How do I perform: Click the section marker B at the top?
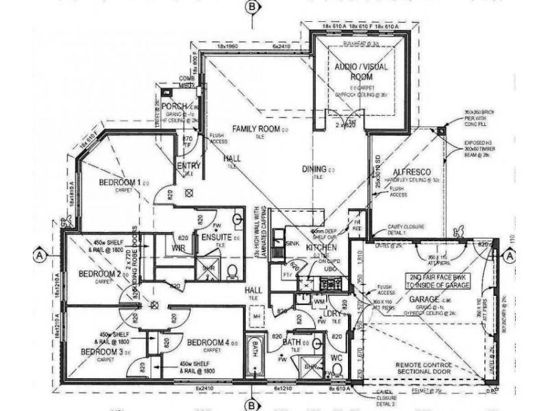(x=254, y=7)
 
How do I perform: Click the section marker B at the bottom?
(x=254, y=405)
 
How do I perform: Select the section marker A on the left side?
(x=39, y=254)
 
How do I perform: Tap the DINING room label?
(x=316, y=169)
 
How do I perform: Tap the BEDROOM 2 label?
(x=99, y=274)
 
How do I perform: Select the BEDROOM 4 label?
(x=208, y=342)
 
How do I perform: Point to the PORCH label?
(x=174, y=106)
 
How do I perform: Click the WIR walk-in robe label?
(x=179, y=247)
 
